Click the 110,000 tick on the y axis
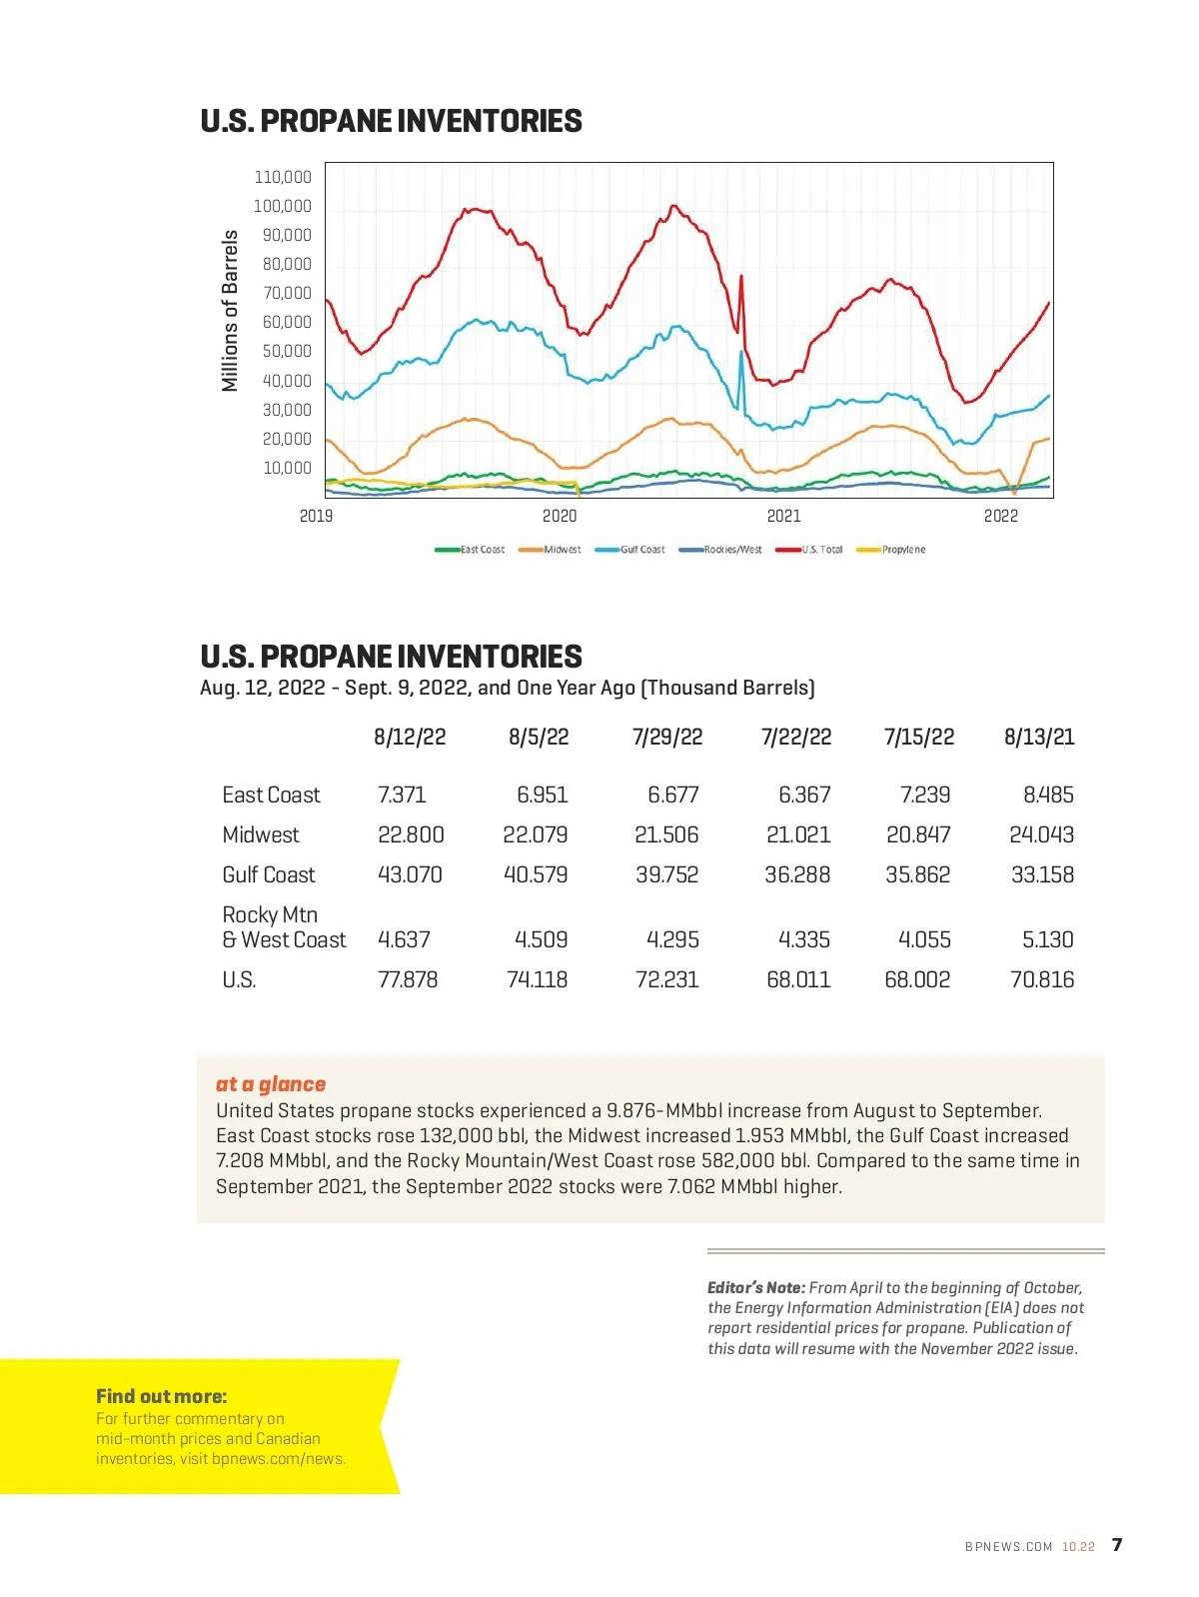(283, 177)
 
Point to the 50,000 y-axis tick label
(287, 351)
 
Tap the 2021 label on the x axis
(784, 516)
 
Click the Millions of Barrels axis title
(231, 311)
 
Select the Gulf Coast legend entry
(630, 550)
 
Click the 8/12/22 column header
(410, 738)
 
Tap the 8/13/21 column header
(1039, 738)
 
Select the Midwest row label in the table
(261, 834)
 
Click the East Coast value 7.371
(402, 795)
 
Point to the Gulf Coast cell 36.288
(797, 874)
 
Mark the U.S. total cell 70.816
(1042, 979)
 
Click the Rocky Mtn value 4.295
(672, 939)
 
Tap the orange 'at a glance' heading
(271, 1084)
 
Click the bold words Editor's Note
(756, 1288)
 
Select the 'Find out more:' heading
(162, 1396)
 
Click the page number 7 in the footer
(1117, 1545)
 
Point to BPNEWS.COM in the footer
(1009, 1547)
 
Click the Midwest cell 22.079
(536, 834)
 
